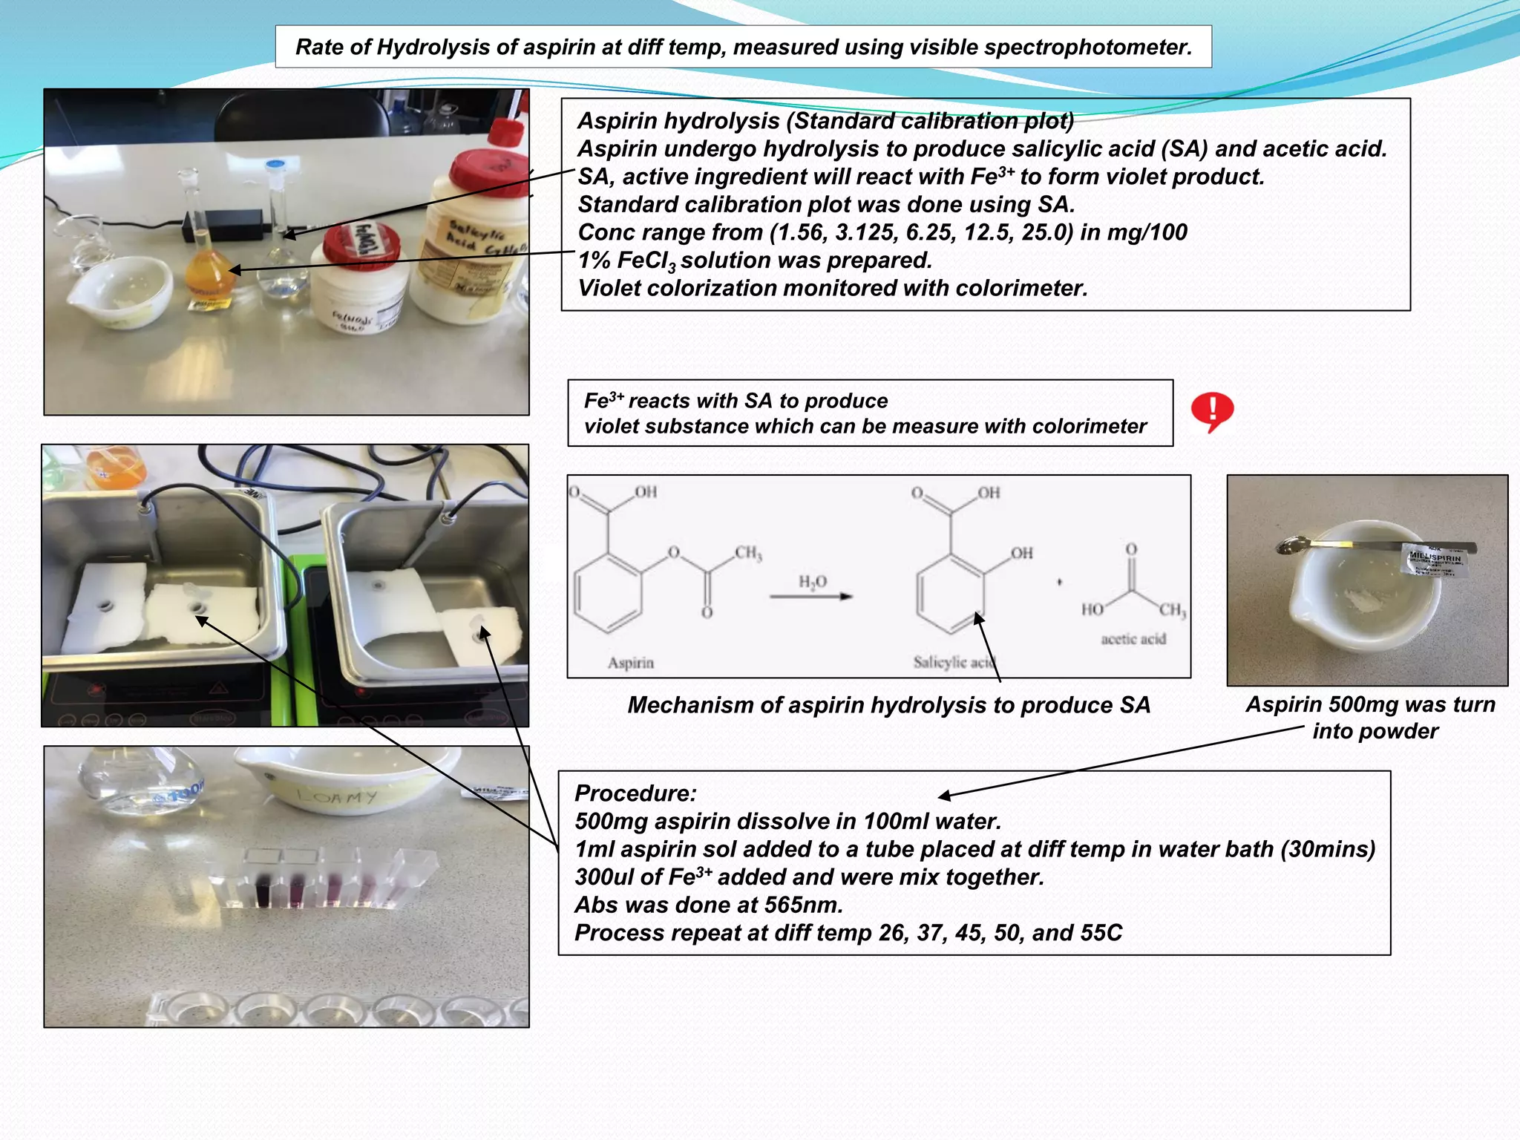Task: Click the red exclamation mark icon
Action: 1212,411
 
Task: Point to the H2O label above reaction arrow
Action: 813,582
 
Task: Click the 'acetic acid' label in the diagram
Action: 1133,639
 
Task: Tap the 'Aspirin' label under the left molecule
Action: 630,663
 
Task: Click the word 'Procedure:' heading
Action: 635,793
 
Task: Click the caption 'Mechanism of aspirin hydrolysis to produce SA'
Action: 888,705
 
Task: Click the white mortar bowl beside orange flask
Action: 121,291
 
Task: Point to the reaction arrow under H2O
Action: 810,597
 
